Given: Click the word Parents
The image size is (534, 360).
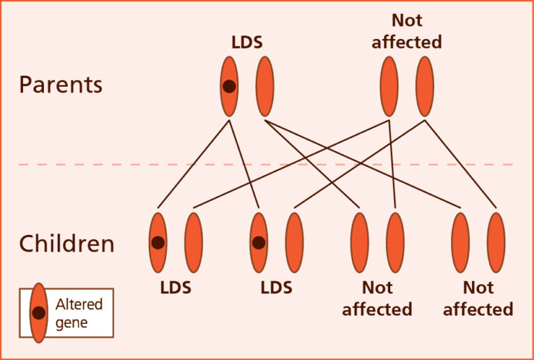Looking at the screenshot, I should [60, 85].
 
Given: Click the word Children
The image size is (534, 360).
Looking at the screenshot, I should [66, 244].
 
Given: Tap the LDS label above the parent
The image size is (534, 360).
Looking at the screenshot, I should [247, 42].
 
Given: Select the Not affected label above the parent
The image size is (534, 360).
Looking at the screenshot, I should [407, 31].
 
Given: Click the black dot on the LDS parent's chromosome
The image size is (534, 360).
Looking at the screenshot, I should [229, 87].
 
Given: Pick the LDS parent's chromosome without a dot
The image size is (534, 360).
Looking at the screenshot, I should [264, 86].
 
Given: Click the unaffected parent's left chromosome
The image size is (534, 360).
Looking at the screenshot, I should [389, 86].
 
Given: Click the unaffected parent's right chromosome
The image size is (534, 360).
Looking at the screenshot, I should [424, 86].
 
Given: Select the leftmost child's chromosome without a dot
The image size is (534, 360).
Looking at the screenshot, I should [193, 242].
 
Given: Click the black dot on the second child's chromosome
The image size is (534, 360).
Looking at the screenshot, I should [259, 243].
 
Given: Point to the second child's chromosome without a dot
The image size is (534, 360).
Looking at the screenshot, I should [294, 242].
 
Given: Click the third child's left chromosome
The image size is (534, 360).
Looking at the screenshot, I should [359, 242].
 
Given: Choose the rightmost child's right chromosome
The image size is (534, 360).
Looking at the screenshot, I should [496, 242].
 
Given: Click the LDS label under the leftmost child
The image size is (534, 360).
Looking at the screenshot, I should [176, 288].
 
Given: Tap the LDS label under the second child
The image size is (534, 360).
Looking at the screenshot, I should [276, 288].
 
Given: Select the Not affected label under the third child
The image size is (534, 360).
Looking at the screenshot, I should [377, 298].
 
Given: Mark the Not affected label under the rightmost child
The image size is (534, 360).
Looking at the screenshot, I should [478, 298].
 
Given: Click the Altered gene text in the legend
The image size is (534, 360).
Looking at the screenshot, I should [79, 313].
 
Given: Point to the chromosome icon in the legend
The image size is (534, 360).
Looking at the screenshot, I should [39, 313].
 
